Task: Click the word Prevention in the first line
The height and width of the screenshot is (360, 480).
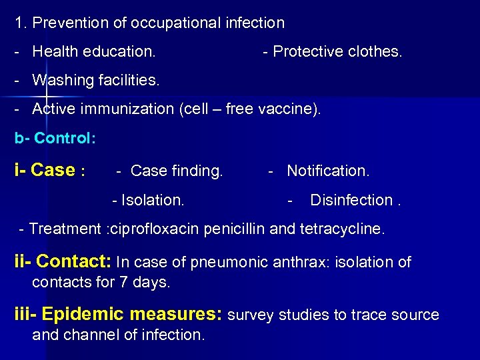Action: pyautogui.click(x=64, y=23)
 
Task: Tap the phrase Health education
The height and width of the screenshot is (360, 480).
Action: pyautogui.click(x=94, y=51)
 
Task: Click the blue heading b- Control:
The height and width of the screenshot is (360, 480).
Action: pyautogui.click(x=55, y=139)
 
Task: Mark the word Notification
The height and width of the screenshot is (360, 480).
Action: pyautogui.click(x=327, y=171)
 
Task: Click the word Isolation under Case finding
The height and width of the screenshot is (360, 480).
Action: pyautogui.click(x=153, y=200)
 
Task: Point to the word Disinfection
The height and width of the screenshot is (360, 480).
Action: pyautogui.click(x=353, y=200)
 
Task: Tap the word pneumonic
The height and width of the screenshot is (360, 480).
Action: pyautogui.click(x=229, y=263)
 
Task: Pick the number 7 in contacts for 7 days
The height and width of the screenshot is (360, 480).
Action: pyautogui.click(x=123, y=282)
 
